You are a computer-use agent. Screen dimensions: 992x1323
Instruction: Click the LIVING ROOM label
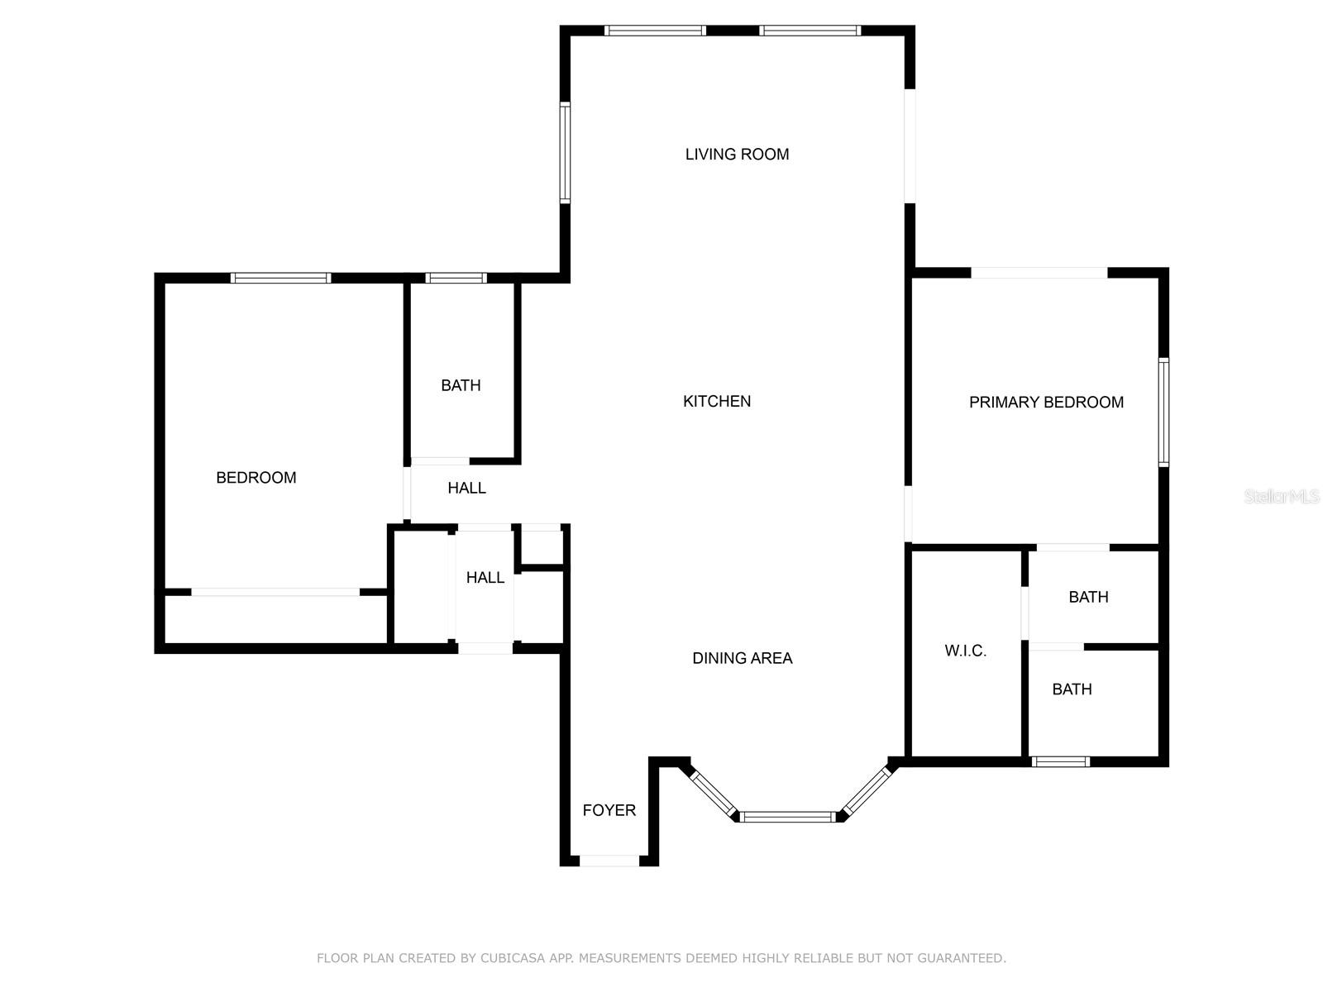(737, 154)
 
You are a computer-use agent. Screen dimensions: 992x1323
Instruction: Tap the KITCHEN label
(717, 401)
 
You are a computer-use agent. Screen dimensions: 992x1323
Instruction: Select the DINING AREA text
(742, 658)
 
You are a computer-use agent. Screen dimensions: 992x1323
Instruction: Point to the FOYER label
(609, 810)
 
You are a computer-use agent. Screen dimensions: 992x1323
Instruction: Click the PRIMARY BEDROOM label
(1046, 402)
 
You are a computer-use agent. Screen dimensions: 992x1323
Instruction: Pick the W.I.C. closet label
(965, 651)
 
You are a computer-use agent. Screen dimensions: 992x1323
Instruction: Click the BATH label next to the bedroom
(461, 385)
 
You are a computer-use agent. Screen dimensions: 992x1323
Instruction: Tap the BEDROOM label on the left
(256, 477)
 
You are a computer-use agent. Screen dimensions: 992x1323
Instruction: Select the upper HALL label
(466, 488)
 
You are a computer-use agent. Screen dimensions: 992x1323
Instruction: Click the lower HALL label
(485, 577)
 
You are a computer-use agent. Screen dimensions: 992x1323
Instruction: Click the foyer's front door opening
(609, 861)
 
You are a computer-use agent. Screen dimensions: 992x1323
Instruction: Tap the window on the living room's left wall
(565, 153)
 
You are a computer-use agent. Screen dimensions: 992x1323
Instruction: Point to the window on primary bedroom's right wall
(1163, 412)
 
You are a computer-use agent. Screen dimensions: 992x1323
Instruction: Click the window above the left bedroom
(280, 278)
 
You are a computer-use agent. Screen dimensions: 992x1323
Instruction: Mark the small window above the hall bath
(456, 278)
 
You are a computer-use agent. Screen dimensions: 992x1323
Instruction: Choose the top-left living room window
(654, 31)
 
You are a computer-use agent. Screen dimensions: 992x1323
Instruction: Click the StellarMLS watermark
(1281, 497)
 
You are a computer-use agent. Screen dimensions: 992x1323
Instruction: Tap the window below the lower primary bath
(1061, 761)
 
